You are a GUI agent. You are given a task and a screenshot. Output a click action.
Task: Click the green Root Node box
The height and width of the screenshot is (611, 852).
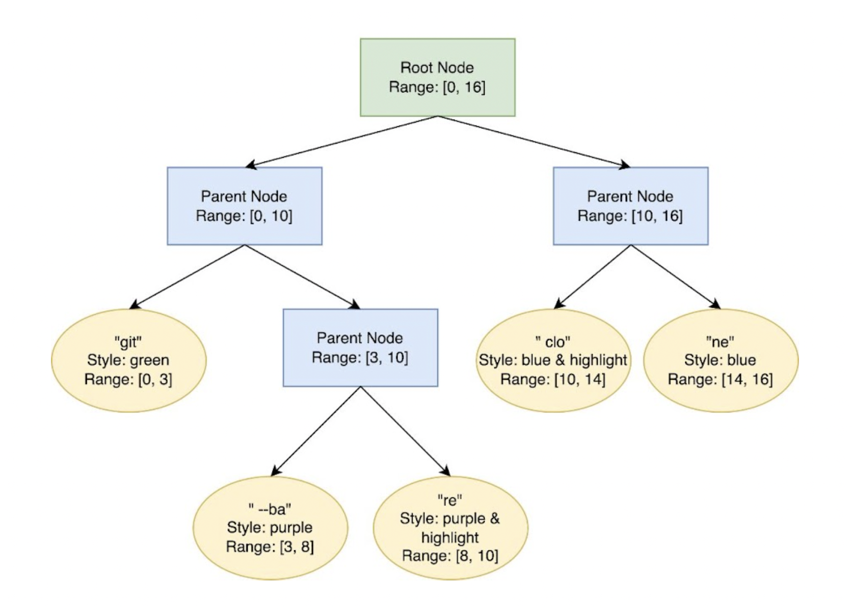(438, 77)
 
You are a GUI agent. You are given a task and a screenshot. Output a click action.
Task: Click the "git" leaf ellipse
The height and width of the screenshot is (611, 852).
(129, 360)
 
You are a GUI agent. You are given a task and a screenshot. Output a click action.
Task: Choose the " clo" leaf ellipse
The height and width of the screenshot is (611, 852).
(553, 360)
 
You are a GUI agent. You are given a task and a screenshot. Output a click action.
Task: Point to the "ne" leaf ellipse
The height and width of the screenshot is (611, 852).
(721, 360)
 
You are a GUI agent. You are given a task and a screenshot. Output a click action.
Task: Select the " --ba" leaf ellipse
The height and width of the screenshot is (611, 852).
(271, 528)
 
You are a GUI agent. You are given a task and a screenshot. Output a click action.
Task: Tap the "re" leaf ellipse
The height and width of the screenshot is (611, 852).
(450, 528)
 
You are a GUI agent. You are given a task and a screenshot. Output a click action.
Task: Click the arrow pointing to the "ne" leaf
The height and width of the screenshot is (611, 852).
(676, 277)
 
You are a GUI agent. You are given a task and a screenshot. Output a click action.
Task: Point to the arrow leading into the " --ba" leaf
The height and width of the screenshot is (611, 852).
(316, 431)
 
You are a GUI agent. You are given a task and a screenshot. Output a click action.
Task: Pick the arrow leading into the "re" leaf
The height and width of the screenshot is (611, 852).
(406, 431)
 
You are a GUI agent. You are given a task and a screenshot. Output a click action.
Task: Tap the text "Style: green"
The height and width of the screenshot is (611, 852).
(128, 360)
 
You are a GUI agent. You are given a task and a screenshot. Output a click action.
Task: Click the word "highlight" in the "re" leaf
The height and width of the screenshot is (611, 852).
(450, 537)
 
